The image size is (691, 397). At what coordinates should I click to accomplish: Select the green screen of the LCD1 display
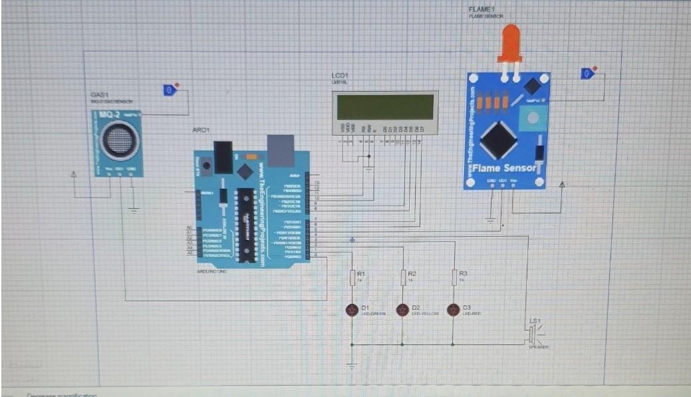(x=385, y=107)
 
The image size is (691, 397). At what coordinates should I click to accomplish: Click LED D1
(x=352, y=310)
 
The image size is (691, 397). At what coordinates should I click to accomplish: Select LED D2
(x=402, y=310)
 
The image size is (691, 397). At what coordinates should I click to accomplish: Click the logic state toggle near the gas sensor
(x=170, y=90)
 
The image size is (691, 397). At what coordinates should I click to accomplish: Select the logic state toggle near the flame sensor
(x=587, y=73)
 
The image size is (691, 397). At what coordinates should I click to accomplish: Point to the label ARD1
(x=201, y=130)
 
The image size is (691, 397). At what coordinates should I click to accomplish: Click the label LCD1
(x=340, y=76)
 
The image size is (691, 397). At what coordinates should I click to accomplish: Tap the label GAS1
(x=100, y=96)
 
